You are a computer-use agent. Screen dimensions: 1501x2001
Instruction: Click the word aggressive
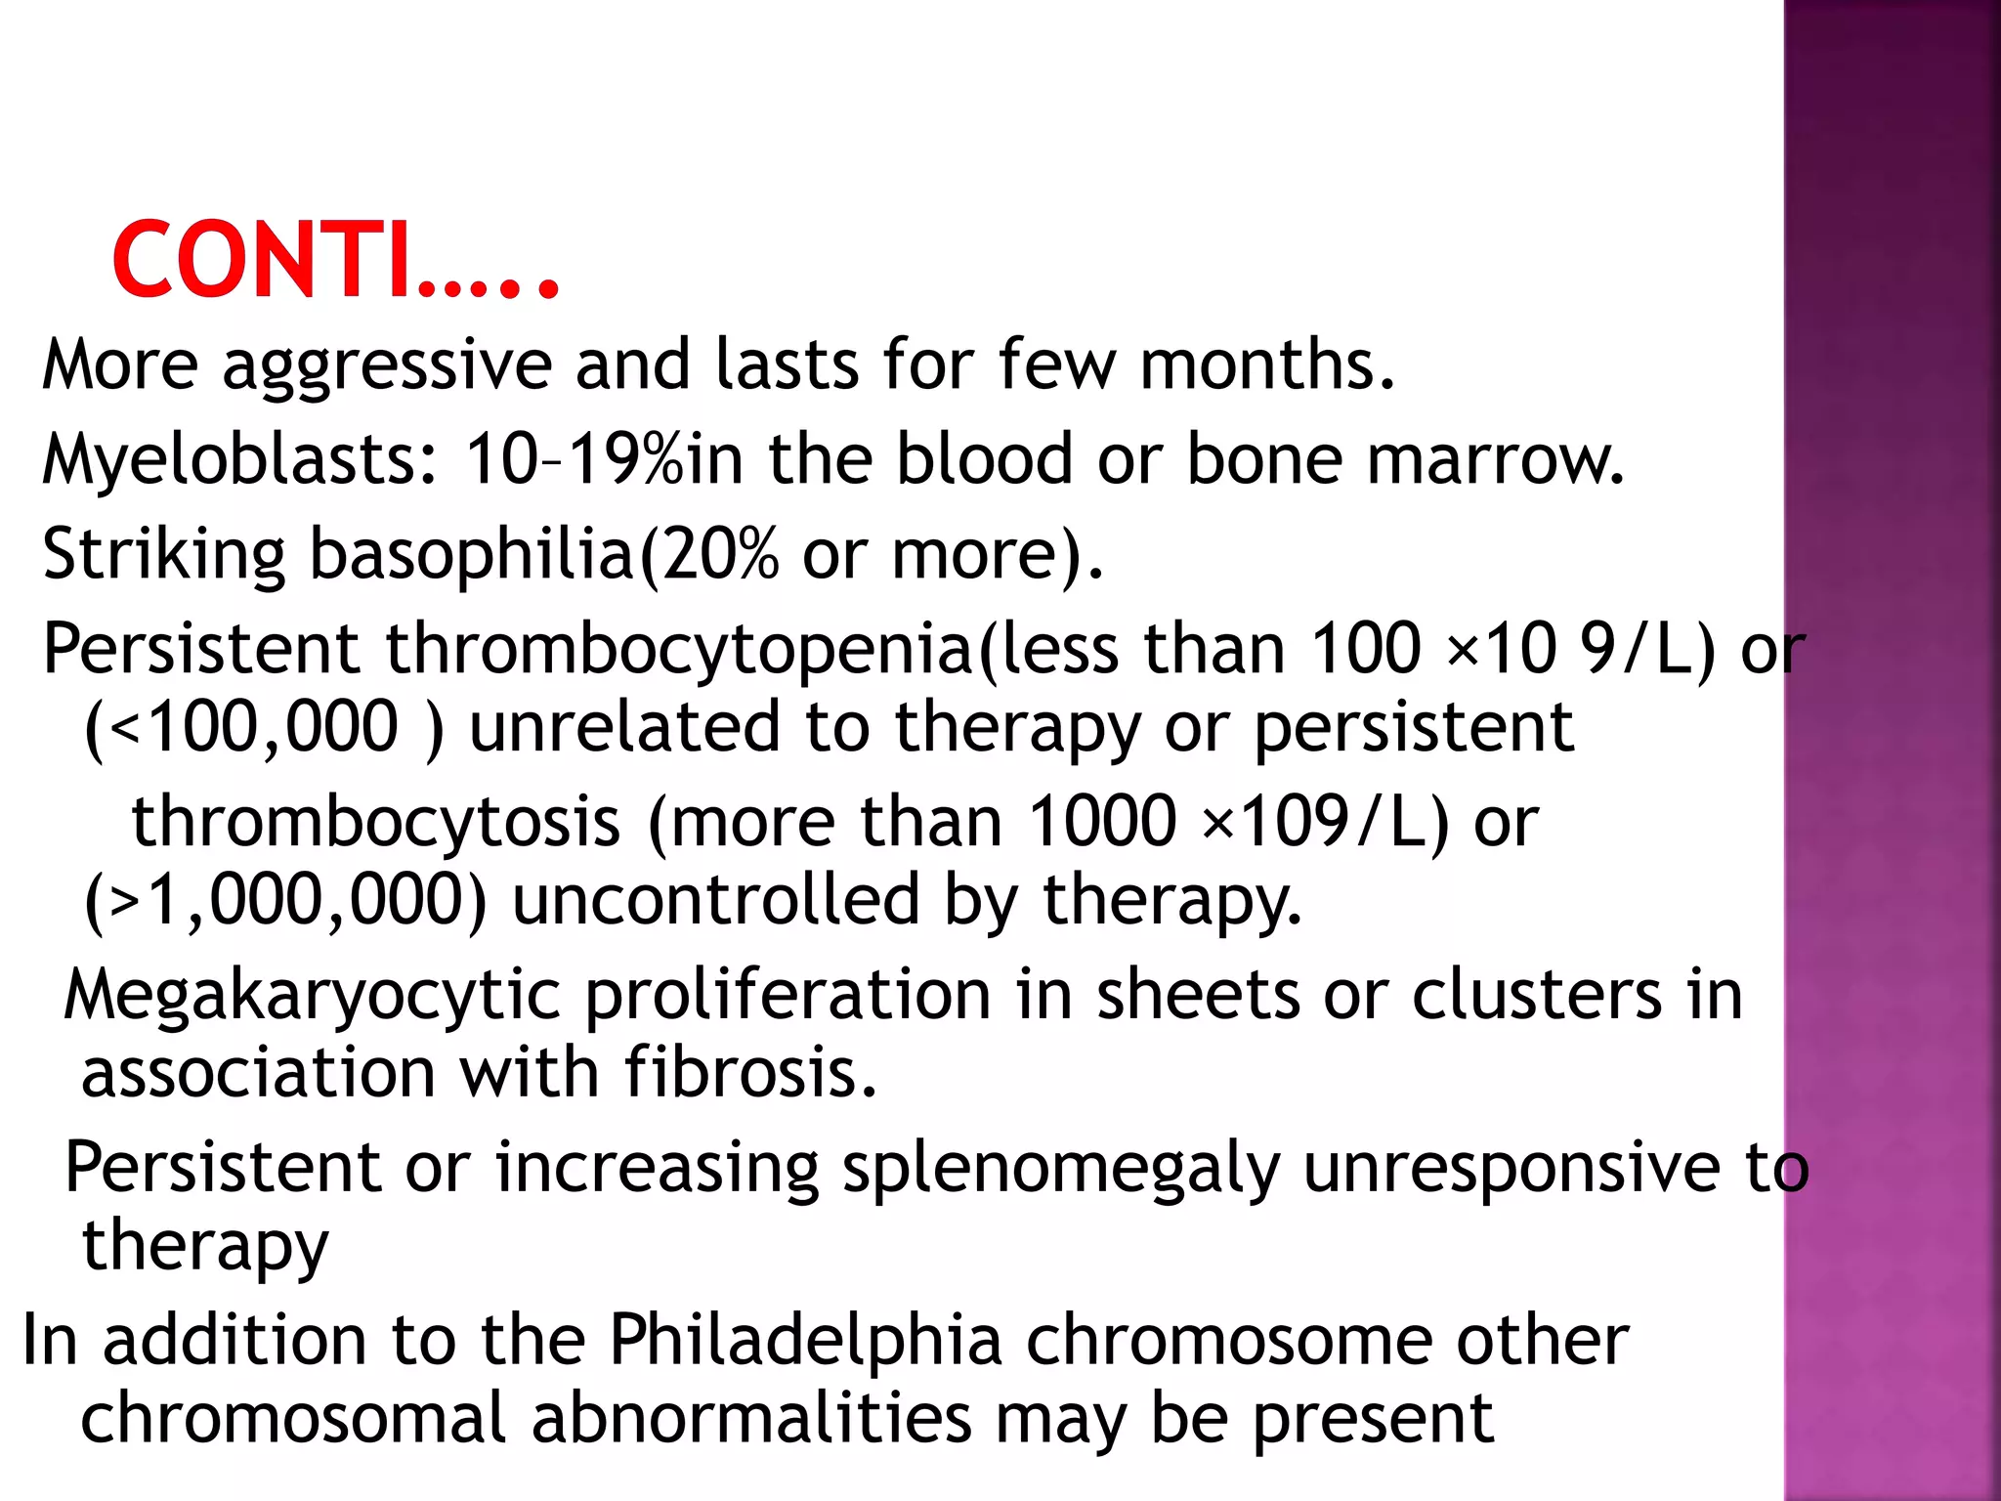[x=387, y=365]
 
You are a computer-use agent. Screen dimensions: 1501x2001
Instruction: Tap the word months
[x=1267, y=364]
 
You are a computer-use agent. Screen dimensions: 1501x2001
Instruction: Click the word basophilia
[x=471, y=554]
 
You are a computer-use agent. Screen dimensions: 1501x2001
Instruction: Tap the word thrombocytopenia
[x=680, y=650]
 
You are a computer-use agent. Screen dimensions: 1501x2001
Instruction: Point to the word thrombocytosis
[x=376, y=821]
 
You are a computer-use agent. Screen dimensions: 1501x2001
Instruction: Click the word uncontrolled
[x=716, y=900]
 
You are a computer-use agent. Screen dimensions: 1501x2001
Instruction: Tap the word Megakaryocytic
[x=313, y=997]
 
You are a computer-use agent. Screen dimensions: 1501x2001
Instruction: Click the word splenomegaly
[x=1061, y=1169]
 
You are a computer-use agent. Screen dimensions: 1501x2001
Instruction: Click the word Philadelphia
[x=806, y=1340]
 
